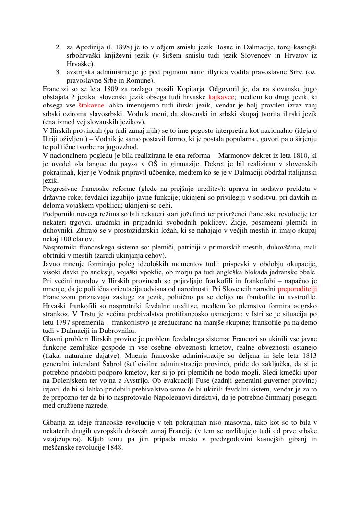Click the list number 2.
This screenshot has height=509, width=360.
coord(58,47)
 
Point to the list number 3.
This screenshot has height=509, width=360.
coord(58,72)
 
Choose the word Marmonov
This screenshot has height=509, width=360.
coord(218,155)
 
